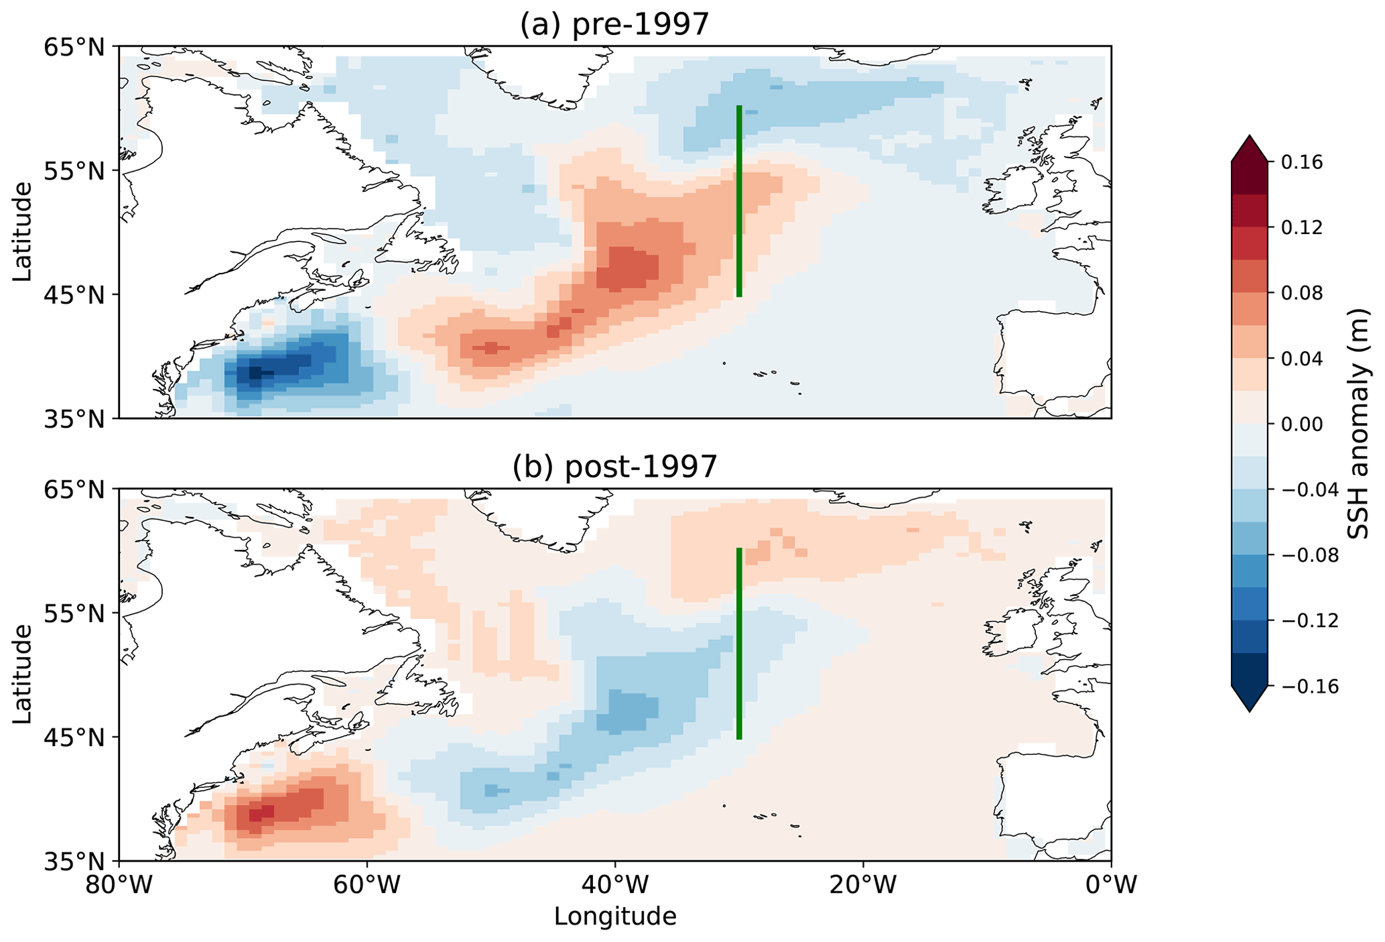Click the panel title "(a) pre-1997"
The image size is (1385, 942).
(x=614, y=25)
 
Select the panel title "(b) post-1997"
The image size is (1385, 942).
(x=614, y=467)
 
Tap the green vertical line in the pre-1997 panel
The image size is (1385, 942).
(x=739, y=201)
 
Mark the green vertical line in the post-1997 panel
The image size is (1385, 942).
(x=739, y=644)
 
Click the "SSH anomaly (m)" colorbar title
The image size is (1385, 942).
(x=1359, y=424)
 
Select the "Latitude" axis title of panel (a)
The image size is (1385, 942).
(x=22, y=231)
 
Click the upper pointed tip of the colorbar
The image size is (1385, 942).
(x=1249, y=137)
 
